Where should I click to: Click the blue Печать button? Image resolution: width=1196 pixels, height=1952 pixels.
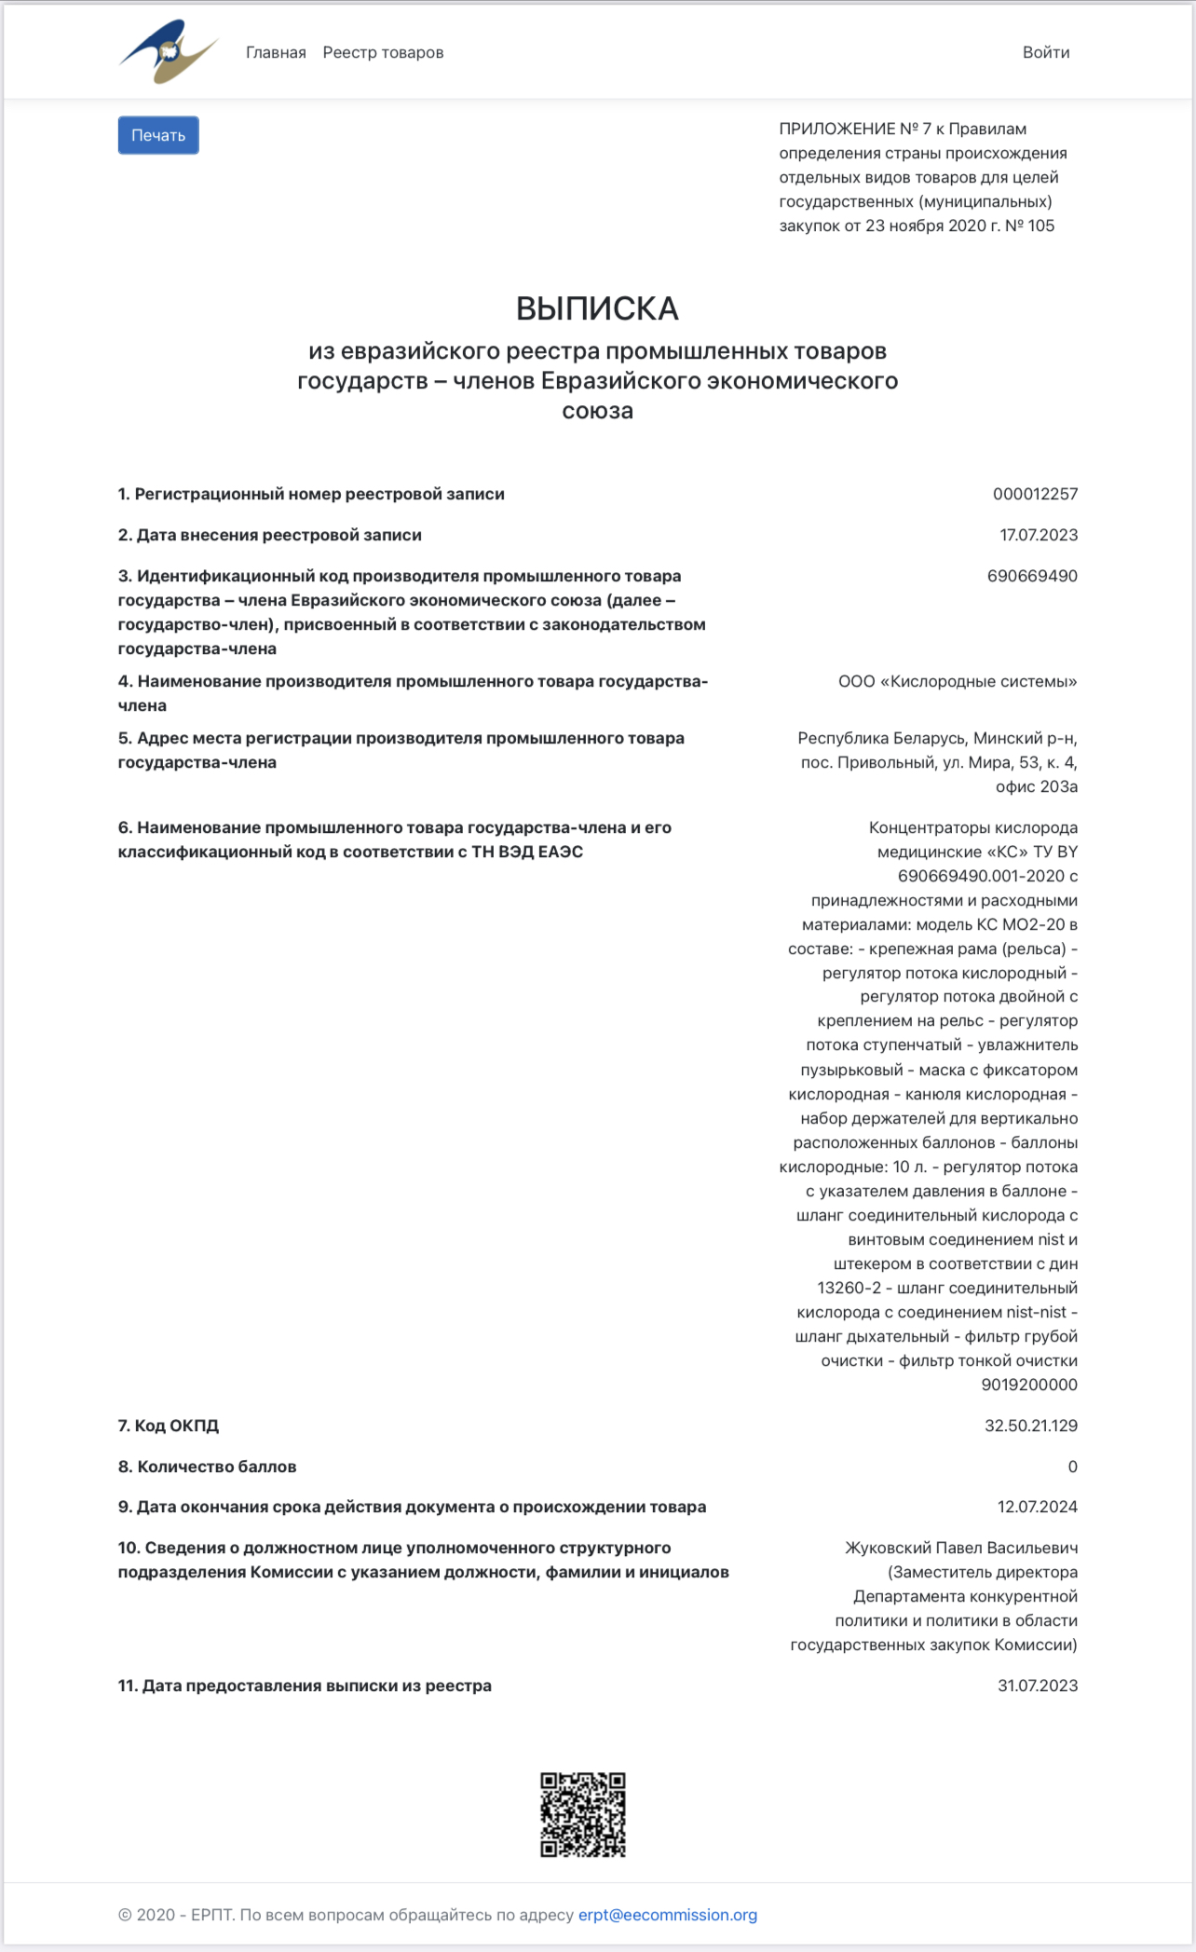pos(158,135)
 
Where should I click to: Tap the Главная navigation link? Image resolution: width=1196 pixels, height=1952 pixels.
pos(276,52)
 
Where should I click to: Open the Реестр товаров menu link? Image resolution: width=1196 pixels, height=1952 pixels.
pos(383,52)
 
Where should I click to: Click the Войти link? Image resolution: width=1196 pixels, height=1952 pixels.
pos(1045,52)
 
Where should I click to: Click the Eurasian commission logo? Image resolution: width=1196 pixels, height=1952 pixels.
pos(168,52)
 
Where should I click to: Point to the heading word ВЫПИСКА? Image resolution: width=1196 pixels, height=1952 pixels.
pos(597,308)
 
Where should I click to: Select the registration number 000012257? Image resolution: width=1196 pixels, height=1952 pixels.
pos(1035,494)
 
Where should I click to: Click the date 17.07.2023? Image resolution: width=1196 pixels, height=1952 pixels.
pos(1039,535)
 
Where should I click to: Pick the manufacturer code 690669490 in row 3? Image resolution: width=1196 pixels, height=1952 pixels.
pos(1032,576)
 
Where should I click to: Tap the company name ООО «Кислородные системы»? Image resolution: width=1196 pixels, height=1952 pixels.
pos(958,681)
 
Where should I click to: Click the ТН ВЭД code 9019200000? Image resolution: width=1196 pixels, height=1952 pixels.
pos(1029,1385)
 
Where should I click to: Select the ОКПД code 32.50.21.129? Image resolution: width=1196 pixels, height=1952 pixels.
pos(1031,1426)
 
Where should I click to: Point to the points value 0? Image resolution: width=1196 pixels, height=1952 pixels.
pos(1072,1467)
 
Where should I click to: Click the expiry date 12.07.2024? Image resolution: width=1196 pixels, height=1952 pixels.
pos(1038,1507)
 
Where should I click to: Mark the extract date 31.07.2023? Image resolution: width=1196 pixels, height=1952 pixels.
pos(1038,1686)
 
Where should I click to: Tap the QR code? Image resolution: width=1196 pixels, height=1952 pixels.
pos(583,1814)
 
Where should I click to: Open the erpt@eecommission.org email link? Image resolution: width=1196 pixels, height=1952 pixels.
pos(667,1915)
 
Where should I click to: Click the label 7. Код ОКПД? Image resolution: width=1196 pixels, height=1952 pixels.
pos(169,1426)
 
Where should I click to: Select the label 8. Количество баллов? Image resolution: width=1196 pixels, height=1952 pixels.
pos(207,1467)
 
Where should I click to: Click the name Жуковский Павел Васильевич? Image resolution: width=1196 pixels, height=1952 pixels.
pos(961,1548)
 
